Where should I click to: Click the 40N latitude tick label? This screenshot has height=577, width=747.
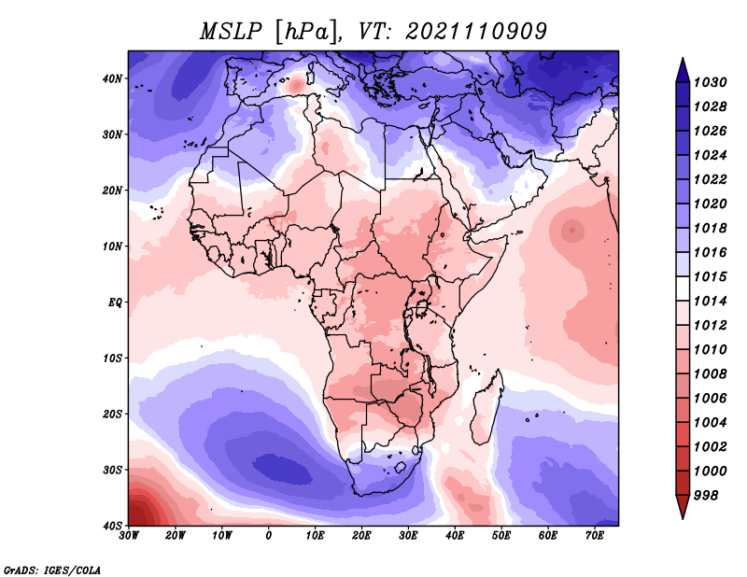112,78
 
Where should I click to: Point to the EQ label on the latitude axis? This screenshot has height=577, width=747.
115,303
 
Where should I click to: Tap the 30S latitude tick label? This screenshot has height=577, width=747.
112,470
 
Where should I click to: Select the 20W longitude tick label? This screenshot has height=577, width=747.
176,536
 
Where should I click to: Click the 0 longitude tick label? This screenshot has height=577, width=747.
269,536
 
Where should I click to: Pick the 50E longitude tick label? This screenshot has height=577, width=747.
501,536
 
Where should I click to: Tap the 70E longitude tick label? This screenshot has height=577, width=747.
594,536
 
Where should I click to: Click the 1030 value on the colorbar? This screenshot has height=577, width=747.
710,82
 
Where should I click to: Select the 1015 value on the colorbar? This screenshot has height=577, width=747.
710,276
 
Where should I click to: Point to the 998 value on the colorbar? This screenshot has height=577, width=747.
706,496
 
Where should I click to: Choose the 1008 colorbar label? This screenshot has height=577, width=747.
710,374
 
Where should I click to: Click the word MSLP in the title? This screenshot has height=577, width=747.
231,32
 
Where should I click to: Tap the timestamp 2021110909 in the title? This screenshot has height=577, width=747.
476,32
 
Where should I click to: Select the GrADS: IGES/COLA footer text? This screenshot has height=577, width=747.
52,570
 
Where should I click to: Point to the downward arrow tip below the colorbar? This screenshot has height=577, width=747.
683,518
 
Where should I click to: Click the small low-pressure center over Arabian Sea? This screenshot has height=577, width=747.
571,232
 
